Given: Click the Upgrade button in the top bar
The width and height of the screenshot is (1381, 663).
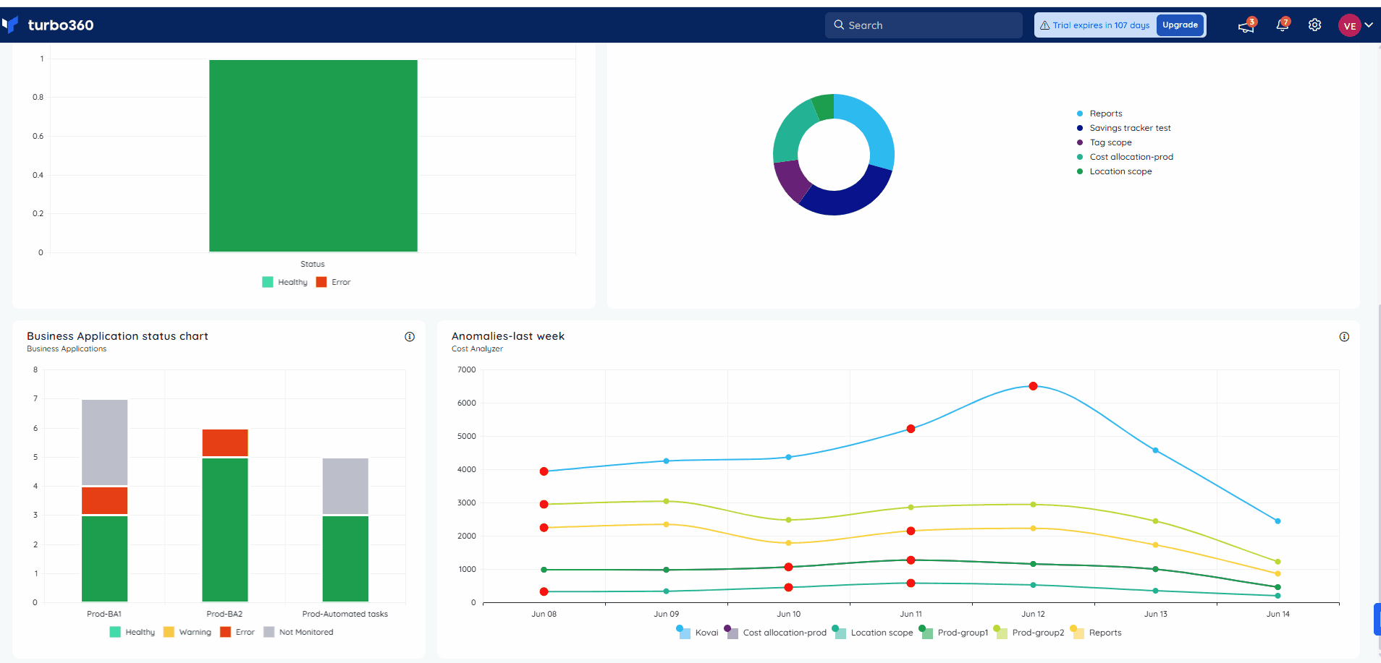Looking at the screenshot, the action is [1180, 25].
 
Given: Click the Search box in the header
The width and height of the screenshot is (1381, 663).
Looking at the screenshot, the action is [924, 25].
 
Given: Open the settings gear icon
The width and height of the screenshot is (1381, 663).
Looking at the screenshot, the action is [1314, 25].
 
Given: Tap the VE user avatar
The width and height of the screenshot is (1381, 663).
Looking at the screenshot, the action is [1349, 25].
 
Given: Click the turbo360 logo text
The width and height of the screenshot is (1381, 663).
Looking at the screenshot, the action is [61, 25].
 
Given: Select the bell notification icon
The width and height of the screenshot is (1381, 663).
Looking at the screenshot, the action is [1282, 25].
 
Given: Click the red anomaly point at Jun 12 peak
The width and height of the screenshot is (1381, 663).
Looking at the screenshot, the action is [1033, 386].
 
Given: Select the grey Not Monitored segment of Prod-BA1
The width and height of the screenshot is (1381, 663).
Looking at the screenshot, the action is [105, 442].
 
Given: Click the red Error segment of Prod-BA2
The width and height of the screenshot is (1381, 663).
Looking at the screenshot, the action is [225, 442].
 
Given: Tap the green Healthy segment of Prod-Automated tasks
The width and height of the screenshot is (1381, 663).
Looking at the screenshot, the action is [345, 559].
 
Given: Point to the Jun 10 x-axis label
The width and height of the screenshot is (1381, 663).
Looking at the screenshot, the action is [788, 614].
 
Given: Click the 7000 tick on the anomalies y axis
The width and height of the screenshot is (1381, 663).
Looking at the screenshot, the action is [467, 369].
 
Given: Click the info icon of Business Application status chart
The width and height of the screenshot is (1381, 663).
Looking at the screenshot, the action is [410, 337].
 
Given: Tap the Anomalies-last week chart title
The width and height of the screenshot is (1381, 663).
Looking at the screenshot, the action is [508, 336].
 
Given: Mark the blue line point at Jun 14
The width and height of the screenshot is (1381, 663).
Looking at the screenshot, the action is [1277, 521].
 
